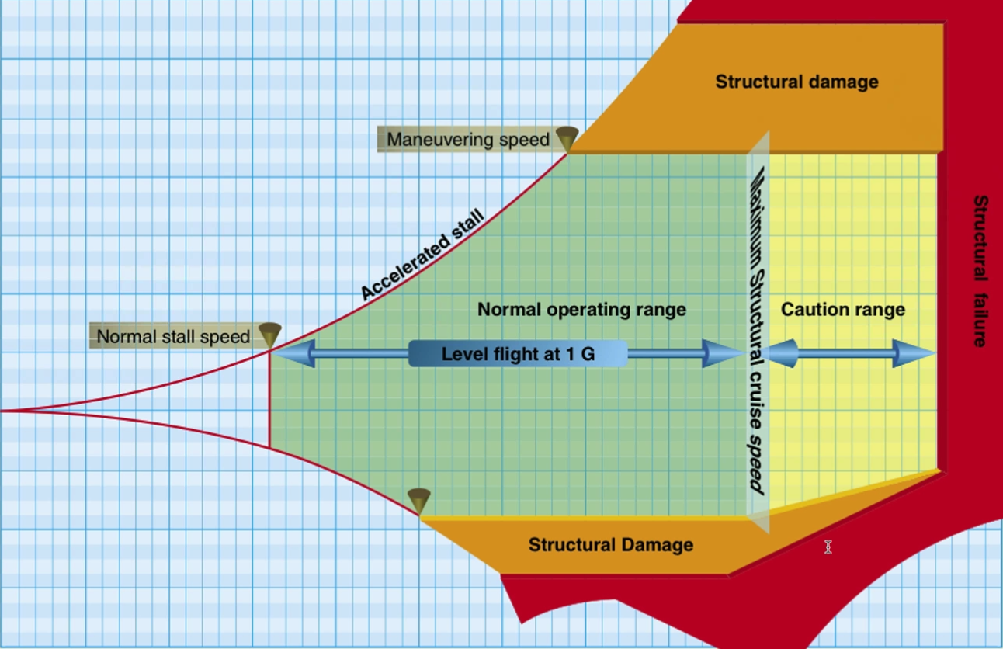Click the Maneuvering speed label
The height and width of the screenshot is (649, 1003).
(468, 139)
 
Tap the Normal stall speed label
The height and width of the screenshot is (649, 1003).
(173, 336)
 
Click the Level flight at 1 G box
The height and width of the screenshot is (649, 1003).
(518, 354)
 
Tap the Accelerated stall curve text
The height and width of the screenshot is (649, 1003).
(422, 254)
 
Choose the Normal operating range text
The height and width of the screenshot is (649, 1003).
(581, 309)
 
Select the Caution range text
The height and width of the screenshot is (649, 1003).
(843, 310)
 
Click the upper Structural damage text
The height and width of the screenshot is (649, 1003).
(796, 82)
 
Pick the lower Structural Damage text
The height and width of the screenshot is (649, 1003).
(611, 545)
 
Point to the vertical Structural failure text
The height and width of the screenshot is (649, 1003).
(980, 270)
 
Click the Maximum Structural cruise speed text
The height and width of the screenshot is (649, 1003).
(757, 331)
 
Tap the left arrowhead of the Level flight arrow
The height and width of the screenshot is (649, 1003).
(293, 353)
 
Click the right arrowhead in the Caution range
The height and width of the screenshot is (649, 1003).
(914, 353)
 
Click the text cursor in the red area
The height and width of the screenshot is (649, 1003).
(828, 547)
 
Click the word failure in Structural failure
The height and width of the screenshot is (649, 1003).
(980, 320)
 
